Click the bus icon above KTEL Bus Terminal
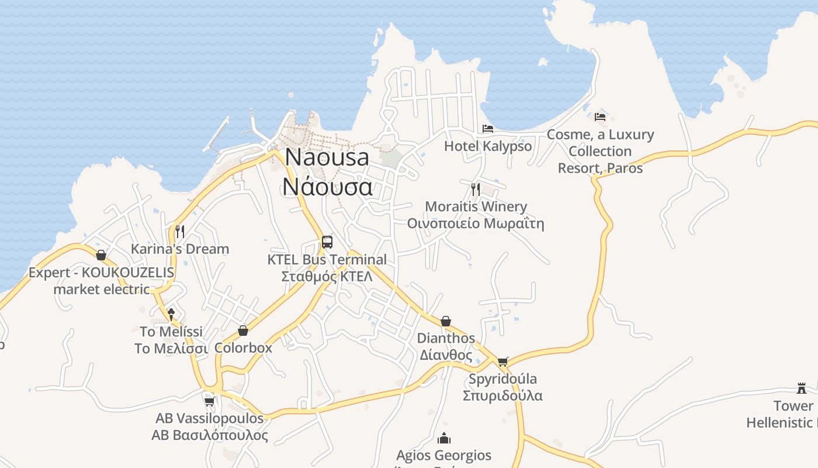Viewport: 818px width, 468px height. [327, 242]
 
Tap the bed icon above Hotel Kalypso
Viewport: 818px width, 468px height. [487, 129]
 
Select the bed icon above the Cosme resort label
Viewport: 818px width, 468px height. [600, 116]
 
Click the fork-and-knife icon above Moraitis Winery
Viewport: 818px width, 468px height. [475, 189]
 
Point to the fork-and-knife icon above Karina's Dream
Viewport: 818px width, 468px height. [179, 231]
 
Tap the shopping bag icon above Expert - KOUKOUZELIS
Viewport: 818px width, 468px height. [101, 255]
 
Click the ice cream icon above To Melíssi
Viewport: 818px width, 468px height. [171, 314]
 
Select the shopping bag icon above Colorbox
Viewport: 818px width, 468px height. [243, 331]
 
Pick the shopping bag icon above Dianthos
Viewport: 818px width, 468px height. [446, 321]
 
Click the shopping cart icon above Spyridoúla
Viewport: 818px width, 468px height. [503, 362]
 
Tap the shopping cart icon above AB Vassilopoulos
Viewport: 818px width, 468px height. [210, 401]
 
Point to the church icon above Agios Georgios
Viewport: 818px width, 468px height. [444, 438]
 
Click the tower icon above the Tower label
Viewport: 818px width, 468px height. [801, 388]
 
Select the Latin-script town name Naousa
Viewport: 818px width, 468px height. [327, 157]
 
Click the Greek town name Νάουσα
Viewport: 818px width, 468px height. [327, 186]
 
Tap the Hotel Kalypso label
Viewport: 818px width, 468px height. [488, 146]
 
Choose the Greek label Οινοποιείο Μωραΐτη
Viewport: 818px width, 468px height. [476, 223]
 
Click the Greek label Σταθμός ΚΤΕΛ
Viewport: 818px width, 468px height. [327, 276]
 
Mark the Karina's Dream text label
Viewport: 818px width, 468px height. [180, 249]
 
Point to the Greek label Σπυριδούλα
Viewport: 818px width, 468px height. [502, 395]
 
